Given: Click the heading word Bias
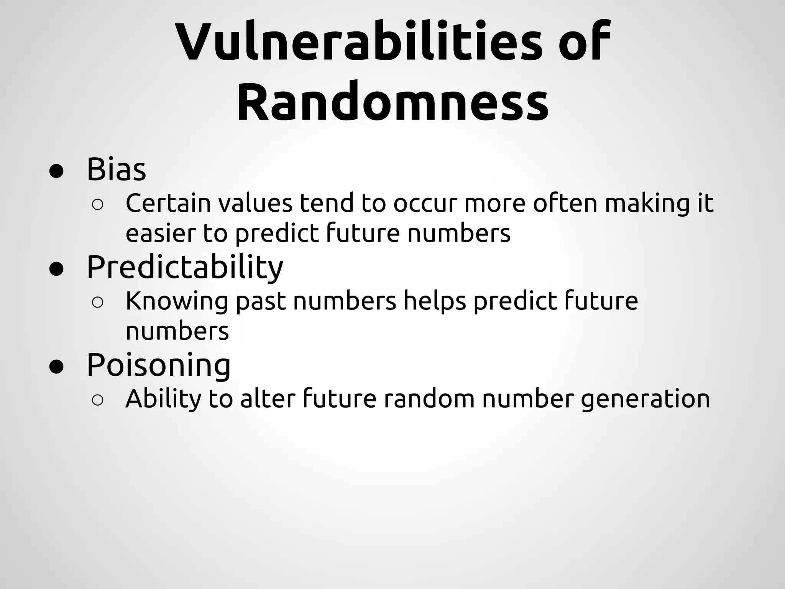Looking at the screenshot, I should (x=116, y=169).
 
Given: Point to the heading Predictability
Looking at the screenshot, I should (x=185, y=267).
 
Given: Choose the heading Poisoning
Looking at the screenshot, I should (x=158, y=365).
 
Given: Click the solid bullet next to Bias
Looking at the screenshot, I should (x=56, y=171).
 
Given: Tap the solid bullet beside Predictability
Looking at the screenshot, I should (x=56, y=269).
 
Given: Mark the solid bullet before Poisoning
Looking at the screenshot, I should (x=56, y=367).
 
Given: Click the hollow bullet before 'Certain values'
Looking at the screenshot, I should (x=97, y=205).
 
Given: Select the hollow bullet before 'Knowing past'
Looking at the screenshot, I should (x=97, y=303).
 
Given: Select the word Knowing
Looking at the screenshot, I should (x=176, y=301).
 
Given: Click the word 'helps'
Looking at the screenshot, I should (x=435, y=301).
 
